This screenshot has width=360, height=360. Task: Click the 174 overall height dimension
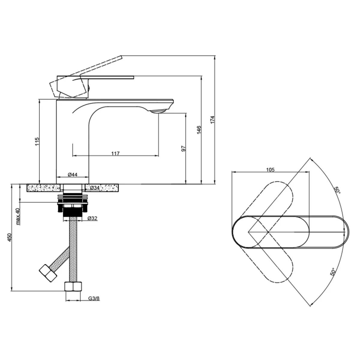coord(213,120)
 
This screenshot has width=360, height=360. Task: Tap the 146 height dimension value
coord(199,130)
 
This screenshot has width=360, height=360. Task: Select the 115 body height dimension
coord(37,142)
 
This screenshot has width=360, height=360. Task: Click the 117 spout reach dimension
coord(115,153)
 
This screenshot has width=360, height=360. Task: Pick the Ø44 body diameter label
coord(73,175)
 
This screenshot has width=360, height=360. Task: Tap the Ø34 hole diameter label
coord(95,187)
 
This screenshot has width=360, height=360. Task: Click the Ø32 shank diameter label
coord(92,218)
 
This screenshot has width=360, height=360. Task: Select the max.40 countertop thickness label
coord(18,216)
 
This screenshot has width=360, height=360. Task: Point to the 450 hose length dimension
coord(9,237)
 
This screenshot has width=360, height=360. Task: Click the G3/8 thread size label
coord(94,298)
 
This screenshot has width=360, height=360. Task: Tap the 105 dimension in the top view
coord(270,169)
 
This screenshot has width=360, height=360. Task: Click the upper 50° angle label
coord(337,190)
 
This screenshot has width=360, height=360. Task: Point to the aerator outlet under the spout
coord(158,111)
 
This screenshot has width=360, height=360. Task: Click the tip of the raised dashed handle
coord(121,56)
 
